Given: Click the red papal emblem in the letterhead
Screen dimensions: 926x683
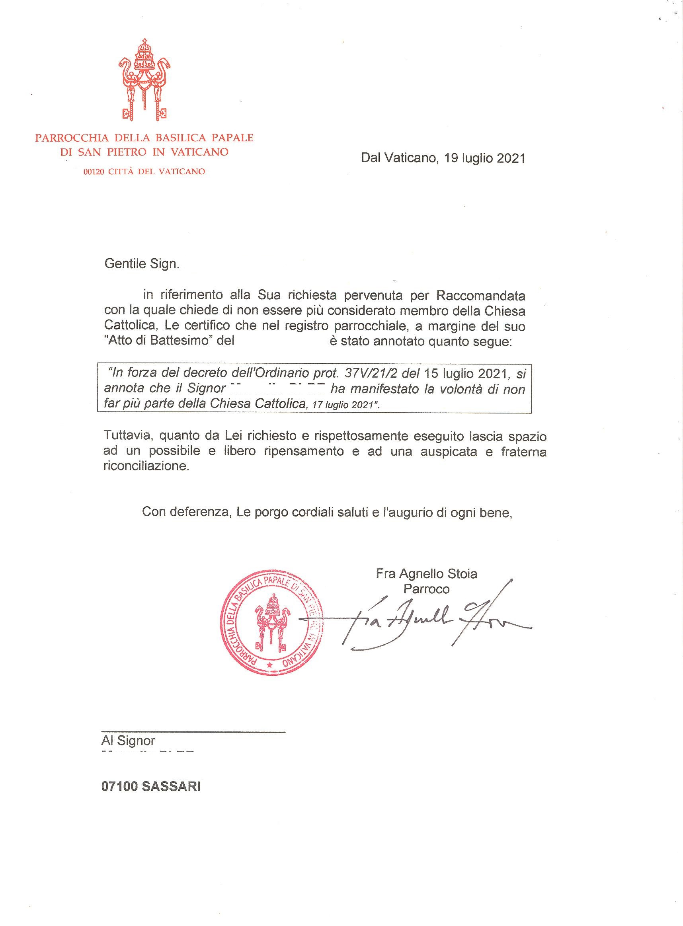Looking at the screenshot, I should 144,81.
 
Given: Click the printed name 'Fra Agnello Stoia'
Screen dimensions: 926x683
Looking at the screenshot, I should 426,574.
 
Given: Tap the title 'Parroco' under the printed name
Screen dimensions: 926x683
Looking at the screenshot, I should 426,589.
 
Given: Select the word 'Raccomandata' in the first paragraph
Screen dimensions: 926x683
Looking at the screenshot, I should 480,296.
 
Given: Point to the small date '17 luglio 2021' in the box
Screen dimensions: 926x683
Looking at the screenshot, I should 343,405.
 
